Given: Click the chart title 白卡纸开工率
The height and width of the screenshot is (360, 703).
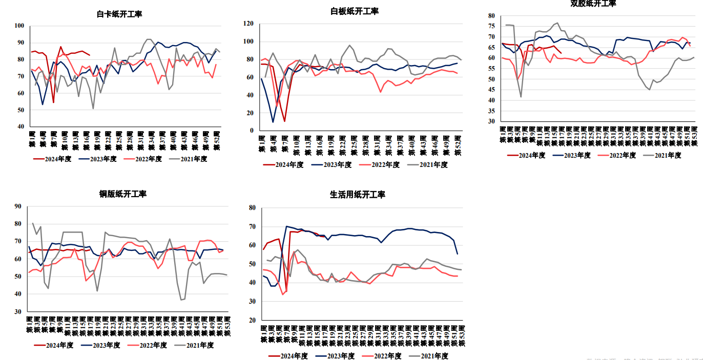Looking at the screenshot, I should pyautogui.click(x=119, y=14).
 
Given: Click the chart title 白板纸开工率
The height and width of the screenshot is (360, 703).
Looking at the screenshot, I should pyautogui.click(x=354, y=11).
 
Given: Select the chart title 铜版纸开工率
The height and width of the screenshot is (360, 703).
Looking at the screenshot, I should pyautogui.click(x=122, y=194).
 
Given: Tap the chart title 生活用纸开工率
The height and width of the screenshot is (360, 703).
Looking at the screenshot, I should pyautogui.click(x=357, y=195).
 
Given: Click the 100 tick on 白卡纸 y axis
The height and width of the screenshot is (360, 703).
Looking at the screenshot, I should pyautogui.click(x=19, y=26).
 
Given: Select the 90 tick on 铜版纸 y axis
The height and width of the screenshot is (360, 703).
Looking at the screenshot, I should pyautogui.click(x=18, y=206).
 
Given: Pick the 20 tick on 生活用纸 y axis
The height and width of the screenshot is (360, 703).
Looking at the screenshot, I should pyautogui.click(x=252, y=320).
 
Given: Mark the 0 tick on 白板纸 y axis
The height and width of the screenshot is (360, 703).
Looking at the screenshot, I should pyautogui.click(x=252, y=131).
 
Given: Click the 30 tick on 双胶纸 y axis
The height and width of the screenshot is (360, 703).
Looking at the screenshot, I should pyautogui.click(x=490, y=121).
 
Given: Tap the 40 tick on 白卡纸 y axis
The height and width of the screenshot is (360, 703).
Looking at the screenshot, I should pyautogui.click(x=20, y=126).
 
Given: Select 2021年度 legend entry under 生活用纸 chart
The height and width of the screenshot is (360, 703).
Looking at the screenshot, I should pyautogui.click(x=435, y=355).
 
